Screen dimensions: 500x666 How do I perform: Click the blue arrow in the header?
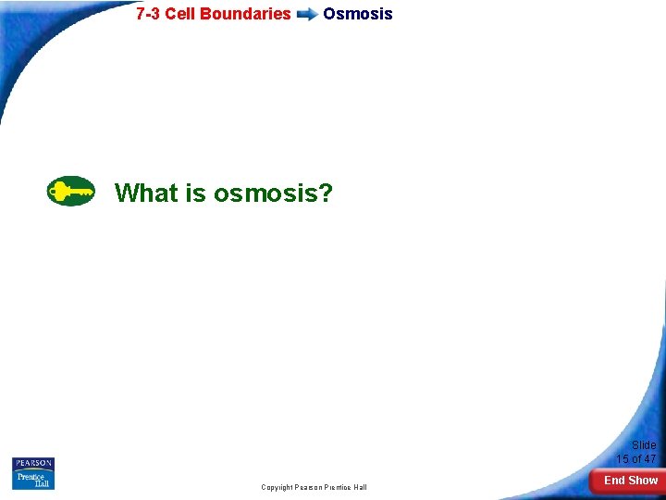click(307, 15)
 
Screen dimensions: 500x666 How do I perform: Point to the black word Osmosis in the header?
click(358, 14)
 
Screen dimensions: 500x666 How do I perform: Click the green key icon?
click(70, 192)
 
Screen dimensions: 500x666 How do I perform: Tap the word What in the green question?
click(145, 193)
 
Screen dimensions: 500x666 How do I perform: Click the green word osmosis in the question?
click(265, 193)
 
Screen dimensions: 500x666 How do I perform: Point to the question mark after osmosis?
click(326, 193)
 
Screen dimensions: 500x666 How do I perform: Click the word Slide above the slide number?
click(644, 445)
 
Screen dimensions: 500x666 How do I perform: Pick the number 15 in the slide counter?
click(623, 459)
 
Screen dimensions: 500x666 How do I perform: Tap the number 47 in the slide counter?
click(649, 459)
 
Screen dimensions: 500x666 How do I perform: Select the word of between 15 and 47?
click(636, 459)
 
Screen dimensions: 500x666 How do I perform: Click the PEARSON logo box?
click(33, 463)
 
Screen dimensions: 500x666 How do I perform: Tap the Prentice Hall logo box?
click(33, 480)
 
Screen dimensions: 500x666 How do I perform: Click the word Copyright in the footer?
click(277, 487)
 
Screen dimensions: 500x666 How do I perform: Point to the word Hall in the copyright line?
click(360, 487)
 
